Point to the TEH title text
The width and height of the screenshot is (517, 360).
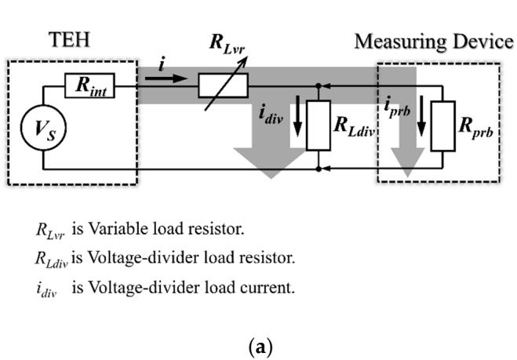(69, 39)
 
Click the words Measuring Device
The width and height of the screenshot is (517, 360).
(434, 42)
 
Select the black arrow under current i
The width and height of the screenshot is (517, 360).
(166, 78)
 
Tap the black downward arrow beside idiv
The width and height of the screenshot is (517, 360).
(298, 116)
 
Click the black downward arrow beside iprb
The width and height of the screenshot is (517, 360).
(421, 116)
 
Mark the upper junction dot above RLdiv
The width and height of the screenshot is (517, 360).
(319, 86)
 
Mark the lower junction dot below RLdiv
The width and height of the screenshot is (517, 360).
(319, 169)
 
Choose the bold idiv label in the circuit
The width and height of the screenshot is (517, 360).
(271, 115)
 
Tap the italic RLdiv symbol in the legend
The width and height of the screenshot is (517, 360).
(52, 259)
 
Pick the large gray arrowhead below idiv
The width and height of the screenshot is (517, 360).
(271, 163)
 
